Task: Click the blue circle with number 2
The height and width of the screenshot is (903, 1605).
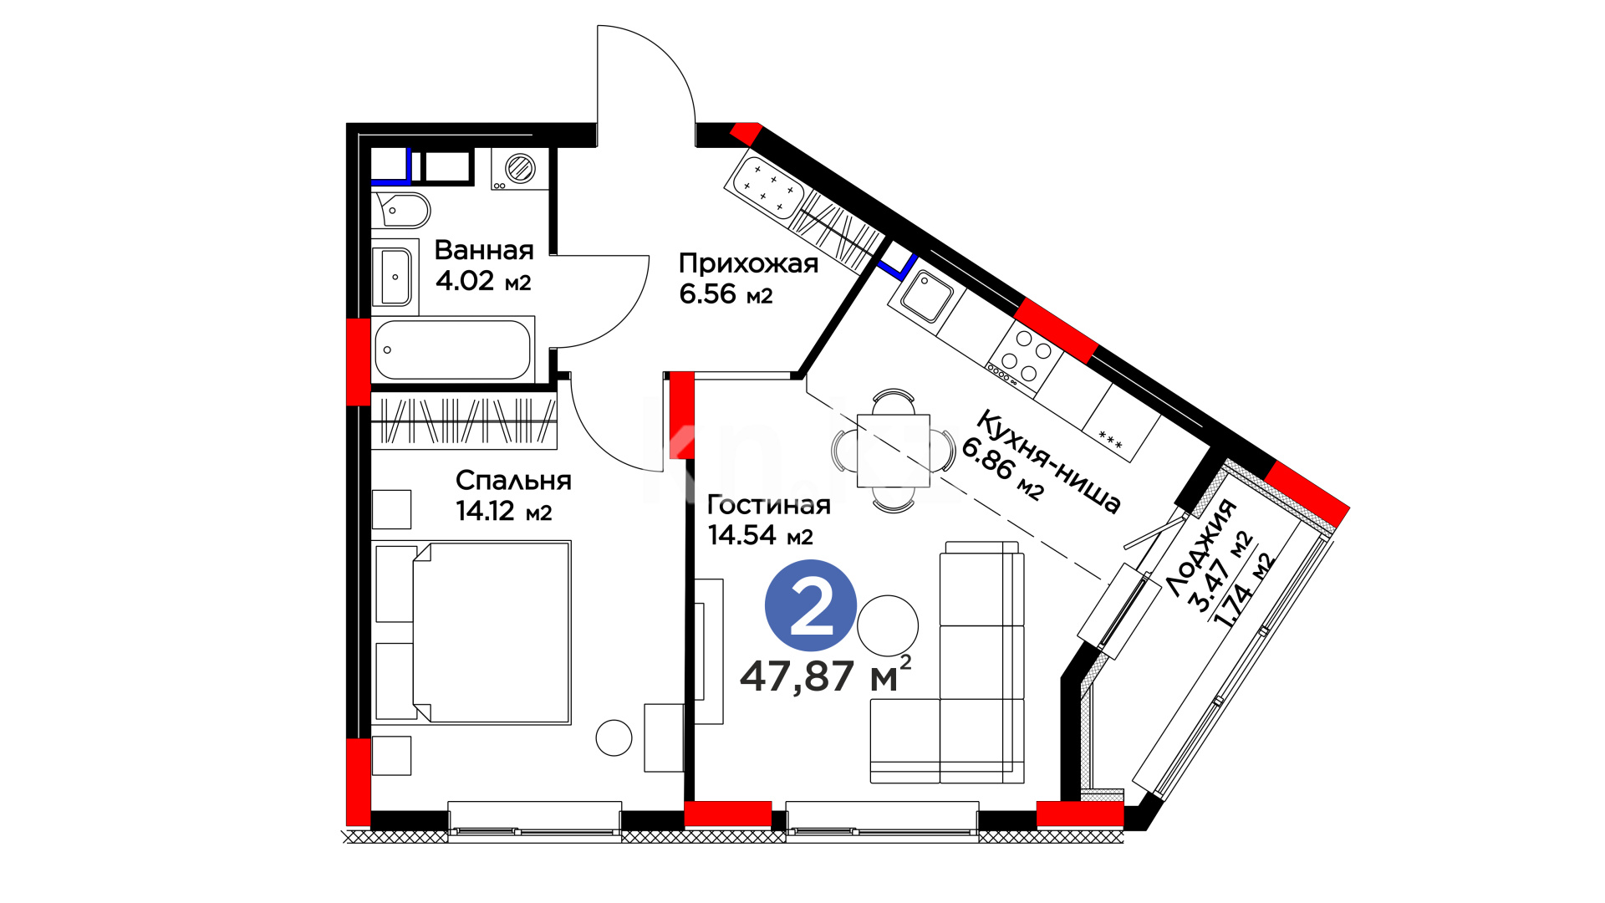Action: [x=811, y=605]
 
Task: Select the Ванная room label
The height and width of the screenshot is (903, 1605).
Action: [x=484, y=250]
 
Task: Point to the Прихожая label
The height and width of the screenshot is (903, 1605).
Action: [x=748, y=264]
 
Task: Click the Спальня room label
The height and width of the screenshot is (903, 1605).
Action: [x=513, y=481]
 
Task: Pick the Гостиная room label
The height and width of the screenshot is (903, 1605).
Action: [x=769, y=505]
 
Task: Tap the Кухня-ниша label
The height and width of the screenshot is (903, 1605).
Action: [x=1048, y=462]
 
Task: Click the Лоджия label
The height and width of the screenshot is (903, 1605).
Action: [x=1201, y=548]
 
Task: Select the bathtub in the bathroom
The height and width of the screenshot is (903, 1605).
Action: [x=452, y=350]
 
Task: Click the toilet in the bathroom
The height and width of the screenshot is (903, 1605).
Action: [x=403, y=210]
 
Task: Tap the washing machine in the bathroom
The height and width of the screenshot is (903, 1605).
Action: [x=519, y=169]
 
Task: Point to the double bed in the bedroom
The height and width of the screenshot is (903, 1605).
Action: [x=473, y=632]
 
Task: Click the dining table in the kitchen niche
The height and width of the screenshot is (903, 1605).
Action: [x=894, y=450]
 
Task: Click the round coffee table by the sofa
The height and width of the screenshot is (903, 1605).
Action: [x=888, y=625]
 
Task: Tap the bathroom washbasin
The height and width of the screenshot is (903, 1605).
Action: [x=395, y=277]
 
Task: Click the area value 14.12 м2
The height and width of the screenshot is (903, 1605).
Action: [x=504, y=512]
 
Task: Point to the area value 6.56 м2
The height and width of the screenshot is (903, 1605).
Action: [x=726, y=294]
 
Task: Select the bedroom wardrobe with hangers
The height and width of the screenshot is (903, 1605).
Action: [x=464, y=421]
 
